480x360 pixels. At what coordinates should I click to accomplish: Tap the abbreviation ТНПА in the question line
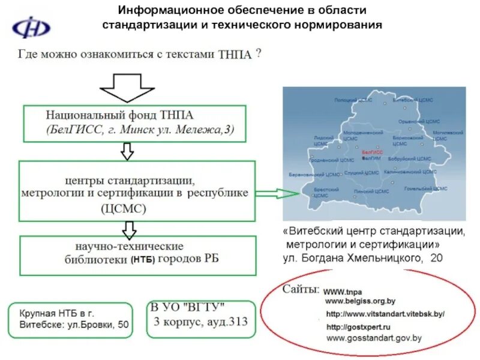[x=235, y=54]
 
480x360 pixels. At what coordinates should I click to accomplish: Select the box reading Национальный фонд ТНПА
[x=135, y=124]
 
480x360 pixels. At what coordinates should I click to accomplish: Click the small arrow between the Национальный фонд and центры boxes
[x=127, y=151]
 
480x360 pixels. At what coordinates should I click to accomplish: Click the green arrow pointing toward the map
[x=274, y=193]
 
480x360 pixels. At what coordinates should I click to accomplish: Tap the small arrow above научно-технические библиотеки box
[x=127, y=228]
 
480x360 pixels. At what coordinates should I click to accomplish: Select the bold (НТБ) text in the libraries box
[x=143, y=260]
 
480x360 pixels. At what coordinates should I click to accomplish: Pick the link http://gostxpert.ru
[x=358, y=327]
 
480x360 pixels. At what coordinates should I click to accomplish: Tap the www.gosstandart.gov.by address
[x=374, y=338]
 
